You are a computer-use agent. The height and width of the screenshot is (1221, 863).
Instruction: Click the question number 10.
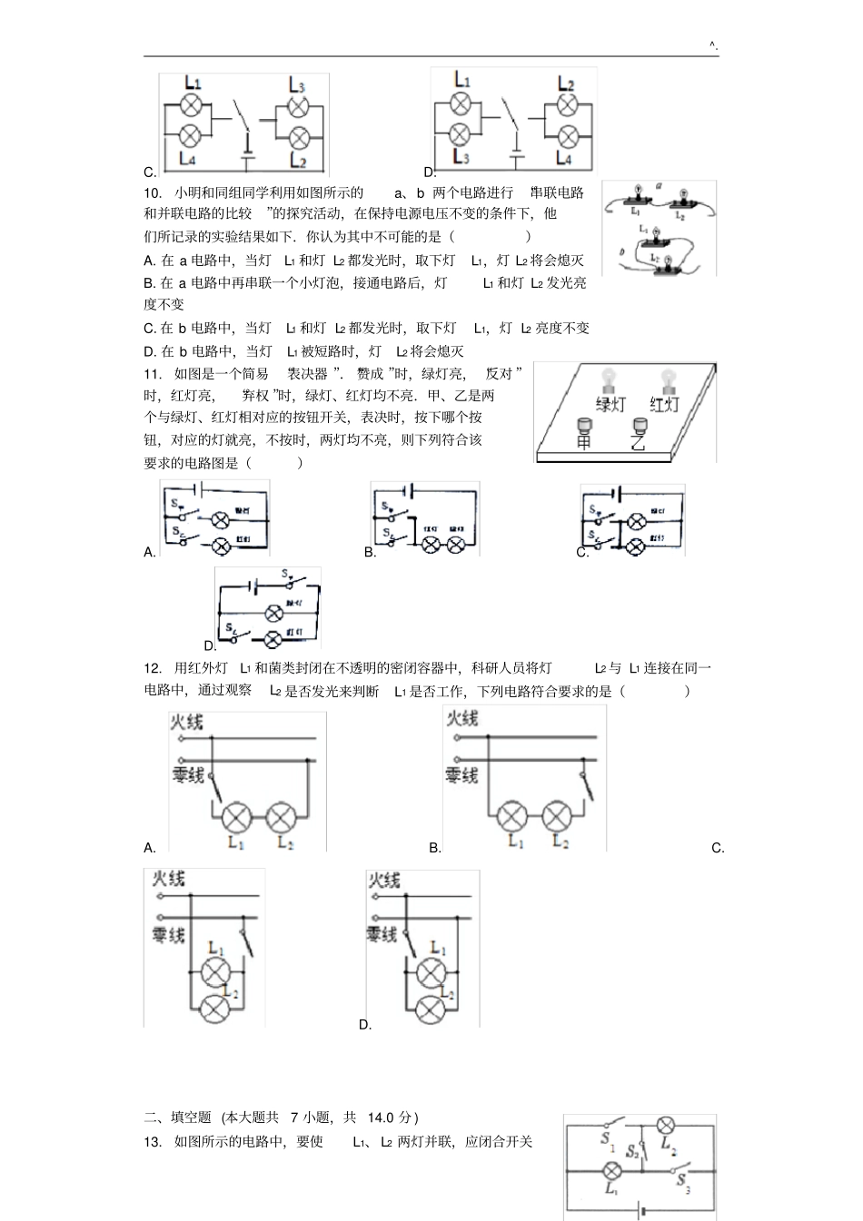(x=152, y=192)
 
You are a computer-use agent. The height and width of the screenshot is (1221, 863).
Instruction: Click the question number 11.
(x=152, y=373)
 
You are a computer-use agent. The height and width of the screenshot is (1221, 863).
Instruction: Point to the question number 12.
(x=152, y=668)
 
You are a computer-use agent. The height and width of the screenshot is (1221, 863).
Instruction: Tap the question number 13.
(x=152, y=1142)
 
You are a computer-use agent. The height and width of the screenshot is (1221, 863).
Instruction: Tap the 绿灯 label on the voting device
(x=613, y=405)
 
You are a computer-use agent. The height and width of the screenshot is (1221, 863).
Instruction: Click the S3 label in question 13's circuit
(x=682, y=1182)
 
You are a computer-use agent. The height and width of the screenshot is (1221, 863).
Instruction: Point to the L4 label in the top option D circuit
(x=564, y=158)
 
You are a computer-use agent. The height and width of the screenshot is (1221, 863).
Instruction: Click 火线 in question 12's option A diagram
(x=186, y=722)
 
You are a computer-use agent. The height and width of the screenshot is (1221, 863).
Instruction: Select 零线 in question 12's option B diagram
(x=461, y=775)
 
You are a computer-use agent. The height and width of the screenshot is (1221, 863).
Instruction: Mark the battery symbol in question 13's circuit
(x=642, y=1209)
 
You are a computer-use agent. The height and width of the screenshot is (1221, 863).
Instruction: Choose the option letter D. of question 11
(x=210, y=646)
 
